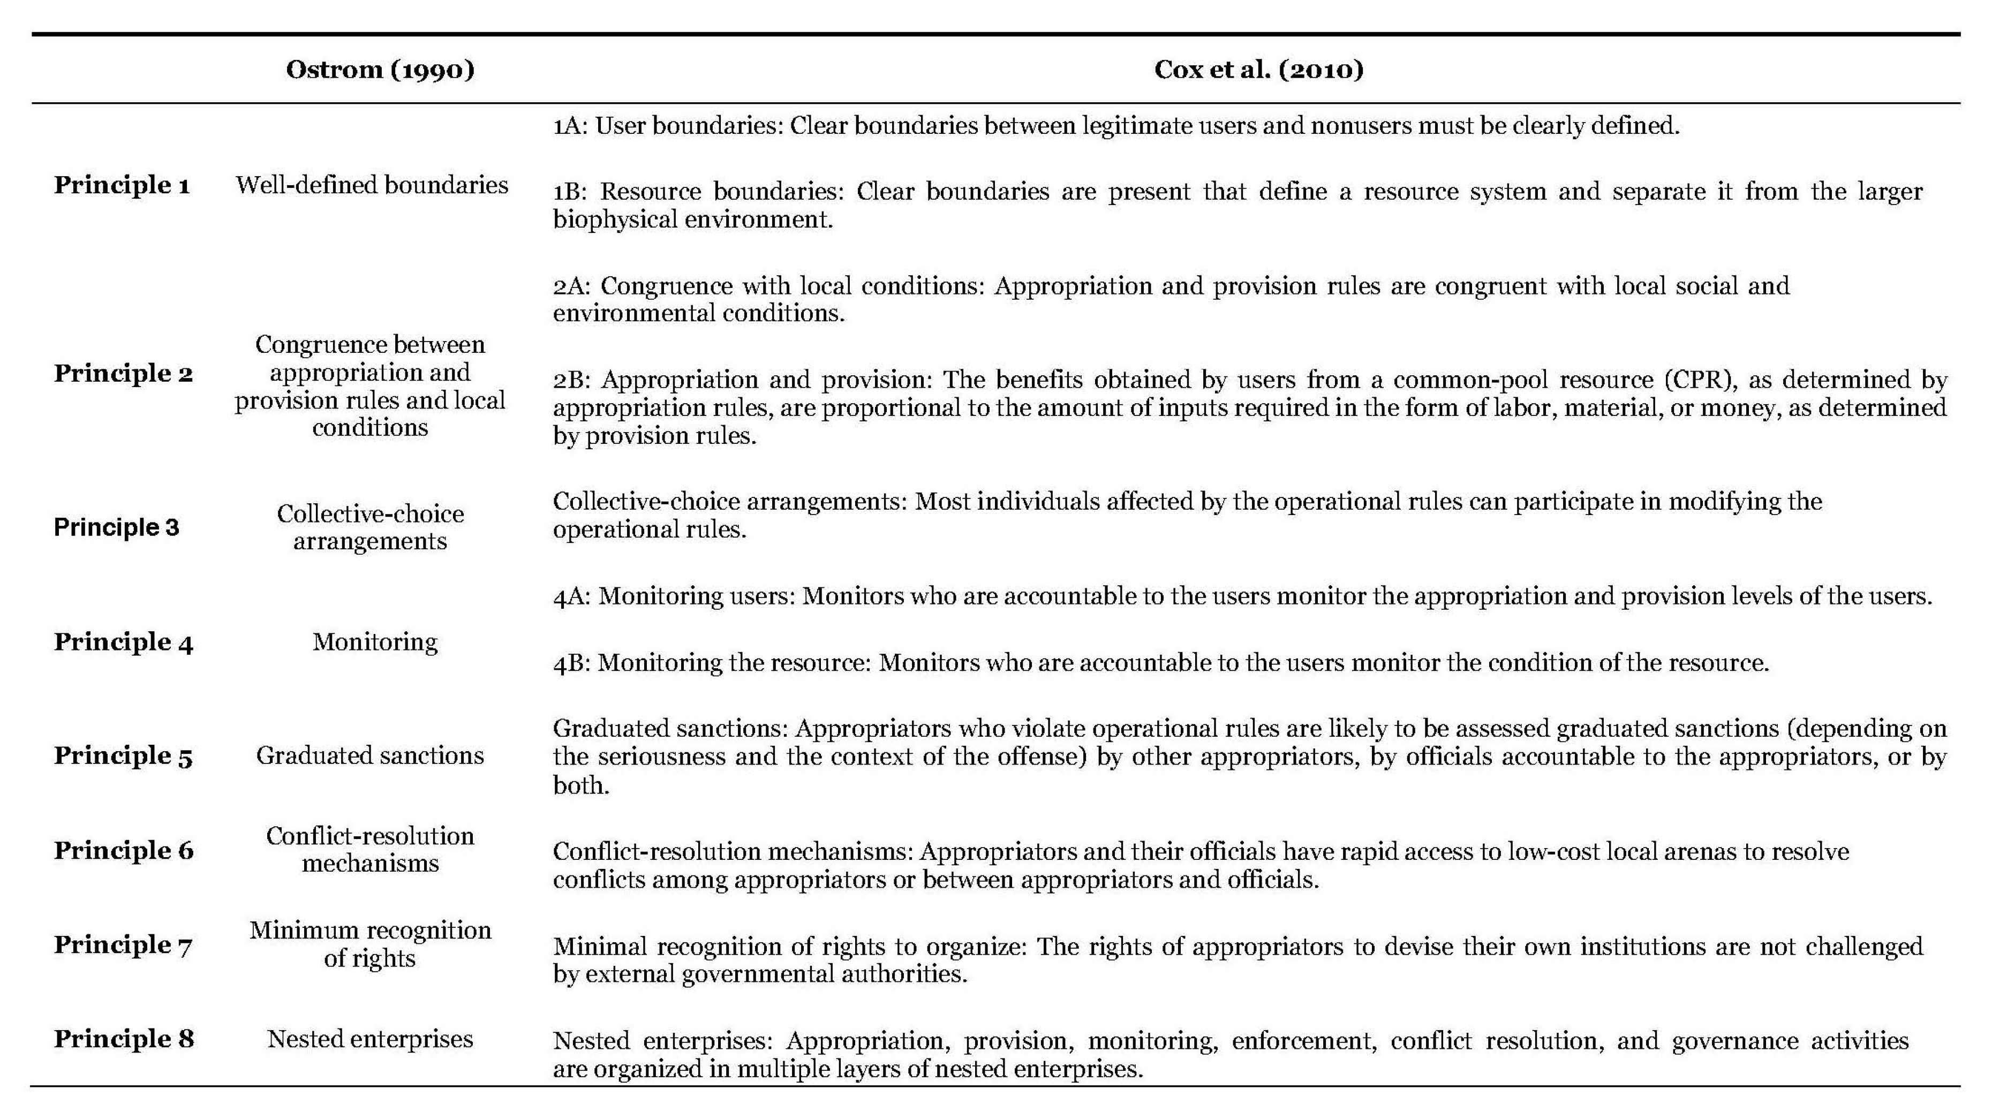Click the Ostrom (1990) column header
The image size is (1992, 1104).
coord(380,70)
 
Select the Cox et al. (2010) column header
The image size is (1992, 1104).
coord(1258,70)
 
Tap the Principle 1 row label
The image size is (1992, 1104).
coord(122,186)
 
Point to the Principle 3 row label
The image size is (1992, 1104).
coord(116,527)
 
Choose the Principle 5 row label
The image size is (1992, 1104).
coord(123,755)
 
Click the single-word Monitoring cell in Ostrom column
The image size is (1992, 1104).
coord(375,642)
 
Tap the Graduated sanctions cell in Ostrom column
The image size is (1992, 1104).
coord(369,755)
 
